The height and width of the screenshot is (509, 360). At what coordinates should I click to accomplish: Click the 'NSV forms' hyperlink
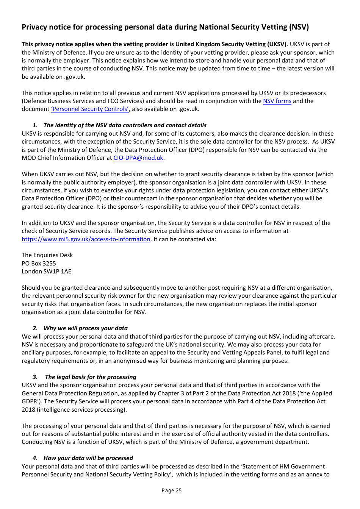[277, 101]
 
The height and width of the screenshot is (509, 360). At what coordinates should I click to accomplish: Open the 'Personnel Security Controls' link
[90, 109]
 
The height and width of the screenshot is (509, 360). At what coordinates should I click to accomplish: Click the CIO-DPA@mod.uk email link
[138, 158]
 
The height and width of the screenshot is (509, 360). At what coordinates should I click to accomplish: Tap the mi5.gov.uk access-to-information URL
[86, 239]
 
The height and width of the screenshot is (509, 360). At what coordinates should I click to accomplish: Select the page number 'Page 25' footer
[172, 490]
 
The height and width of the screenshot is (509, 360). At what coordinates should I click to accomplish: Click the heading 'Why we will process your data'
[85, 328]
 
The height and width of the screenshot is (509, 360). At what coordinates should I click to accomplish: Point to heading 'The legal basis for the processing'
[91, 377]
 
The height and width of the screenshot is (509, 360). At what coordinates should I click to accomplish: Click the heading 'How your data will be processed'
[88, 458]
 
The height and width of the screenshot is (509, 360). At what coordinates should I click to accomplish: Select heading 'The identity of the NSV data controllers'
[125, 125]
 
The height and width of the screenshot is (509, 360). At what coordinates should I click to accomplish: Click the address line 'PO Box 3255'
[39, 264]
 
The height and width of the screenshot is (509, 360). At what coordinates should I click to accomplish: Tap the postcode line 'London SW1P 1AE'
[46, 272]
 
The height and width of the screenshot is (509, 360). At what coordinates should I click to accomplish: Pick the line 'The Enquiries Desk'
[47, 255]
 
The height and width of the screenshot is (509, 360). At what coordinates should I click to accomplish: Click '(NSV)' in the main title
[299, 27]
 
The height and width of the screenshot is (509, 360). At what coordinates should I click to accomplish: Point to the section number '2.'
[35, 328]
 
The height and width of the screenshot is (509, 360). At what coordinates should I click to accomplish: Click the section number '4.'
[35, 458]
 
